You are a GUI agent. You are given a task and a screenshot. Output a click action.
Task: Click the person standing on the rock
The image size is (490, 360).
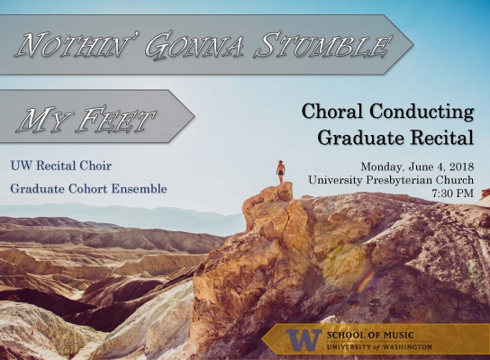[x=281, y=172]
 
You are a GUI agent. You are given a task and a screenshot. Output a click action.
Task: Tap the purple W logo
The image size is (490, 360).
[x=304, y=339]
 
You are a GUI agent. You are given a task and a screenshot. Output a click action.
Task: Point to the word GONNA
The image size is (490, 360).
[x=194, y=46]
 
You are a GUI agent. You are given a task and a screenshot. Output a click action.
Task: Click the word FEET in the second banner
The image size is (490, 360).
[x=116, y=120]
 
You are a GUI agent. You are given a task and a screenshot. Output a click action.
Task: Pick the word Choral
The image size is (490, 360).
[x=331, y=112]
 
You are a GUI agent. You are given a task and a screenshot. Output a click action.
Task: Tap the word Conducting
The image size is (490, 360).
[x=422, y=112]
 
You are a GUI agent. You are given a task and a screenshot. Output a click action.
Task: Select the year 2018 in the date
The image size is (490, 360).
[x=462, y=166]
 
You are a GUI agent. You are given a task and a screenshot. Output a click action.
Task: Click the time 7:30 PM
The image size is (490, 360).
[x=453, y=193]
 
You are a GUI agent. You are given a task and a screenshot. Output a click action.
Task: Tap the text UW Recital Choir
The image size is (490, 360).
[x=61, y=166]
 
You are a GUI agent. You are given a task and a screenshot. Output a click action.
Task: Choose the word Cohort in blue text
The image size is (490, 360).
[x=88, y=189]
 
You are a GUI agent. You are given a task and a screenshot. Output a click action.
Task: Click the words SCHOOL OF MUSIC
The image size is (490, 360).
[x=370, y=336]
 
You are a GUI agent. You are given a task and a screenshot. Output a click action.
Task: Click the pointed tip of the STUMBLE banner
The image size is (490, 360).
[x=413, y=44]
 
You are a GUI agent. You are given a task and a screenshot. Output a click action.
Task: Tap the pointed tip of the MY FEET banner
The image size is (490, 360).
[x=195, y=116]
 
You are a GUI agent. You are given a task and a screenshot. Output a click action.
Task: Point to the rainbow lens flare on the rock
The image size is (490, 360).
[x=367, y=281]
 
